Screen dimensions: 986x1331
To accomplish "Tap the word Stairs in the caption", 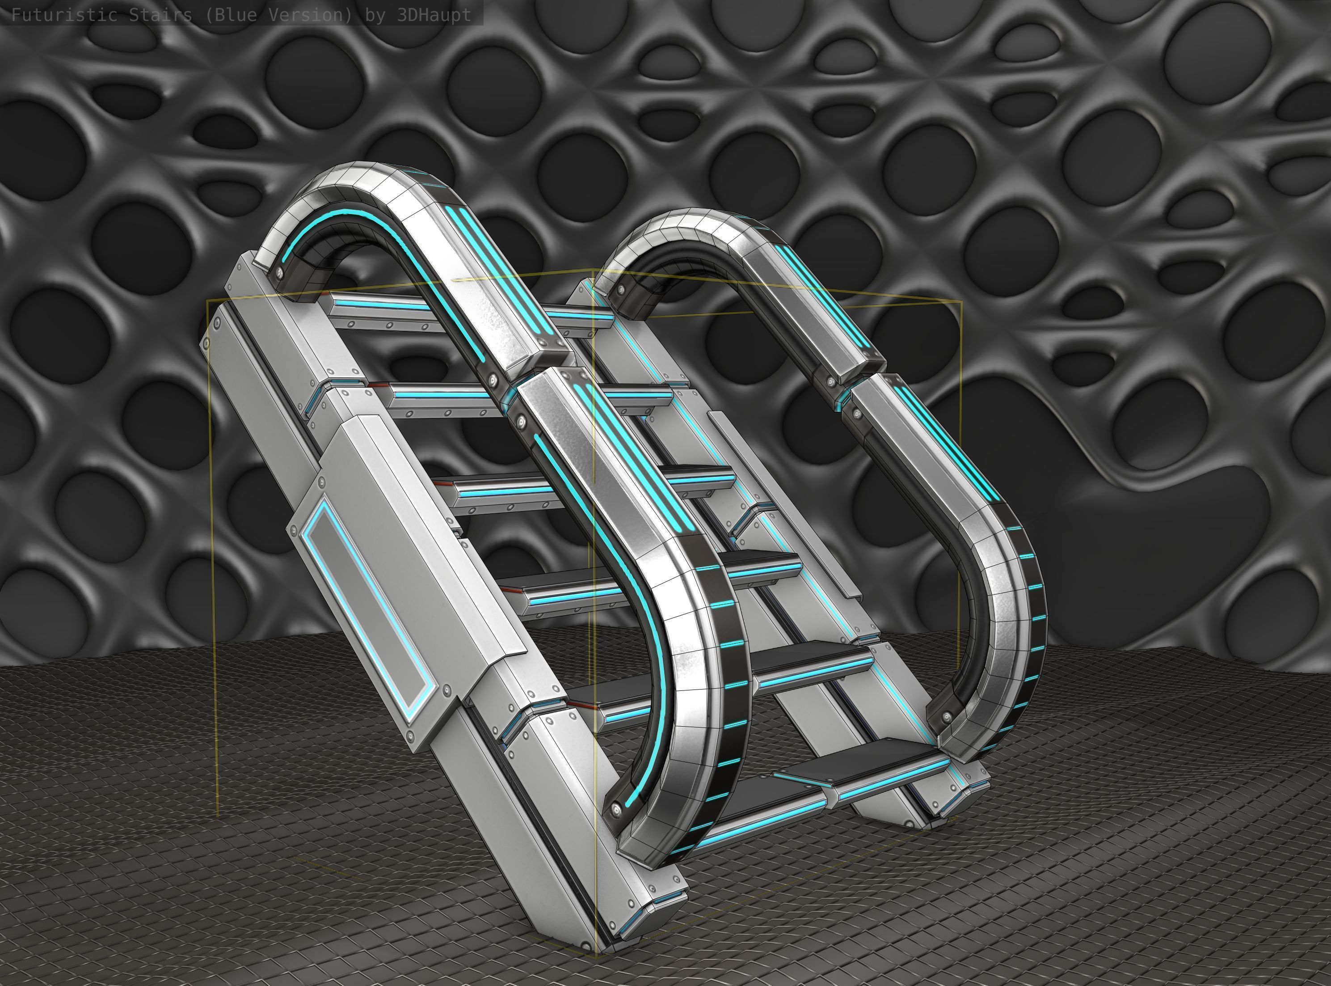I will click(x=160, y=15).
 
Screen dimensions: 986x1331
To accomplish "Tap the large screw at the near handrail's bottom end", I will click(x=616, y=810).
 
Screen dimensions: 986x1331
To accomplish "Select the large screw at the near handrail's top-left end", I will click(x=278, y=275).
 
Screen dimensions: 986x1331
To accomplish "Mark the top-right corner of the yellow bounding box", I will click(x=961, y=303).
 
